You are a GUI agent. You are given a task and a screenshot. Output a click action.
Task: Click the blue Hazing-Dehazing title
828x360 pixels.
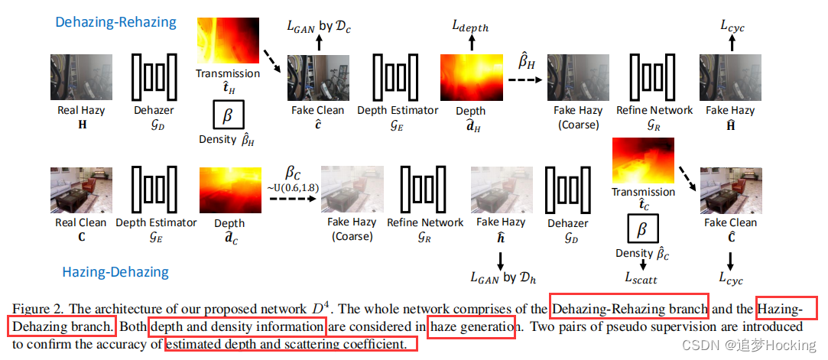pyautogui.click(x=115, y=271)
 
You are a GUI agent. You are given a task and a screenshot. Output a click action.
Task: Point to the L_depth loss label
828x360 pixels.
pyautogui.click(x=469, y=28)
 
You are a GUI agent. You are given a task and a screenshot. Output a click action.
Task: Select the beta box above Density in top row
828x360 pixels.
pyautogui.click(x=227, y=116)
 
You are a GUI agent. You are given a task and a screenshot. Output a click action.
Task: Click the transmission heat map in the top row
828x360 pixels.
pyautogui.click(x=227, y=41)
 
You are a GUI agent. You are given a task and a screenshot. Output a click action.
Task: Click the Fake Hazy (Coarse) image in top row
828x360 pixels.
pyautogui.click(x=577, y=77)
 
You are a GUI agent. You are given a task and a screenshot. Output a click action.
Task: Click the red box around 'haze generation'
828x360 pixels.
pyautogui.click(x=472, y=328)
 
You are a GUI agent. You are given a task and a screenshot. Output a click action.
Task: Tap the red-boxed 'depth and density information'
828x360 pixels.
pyautogui.click(x=238, y=328)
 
